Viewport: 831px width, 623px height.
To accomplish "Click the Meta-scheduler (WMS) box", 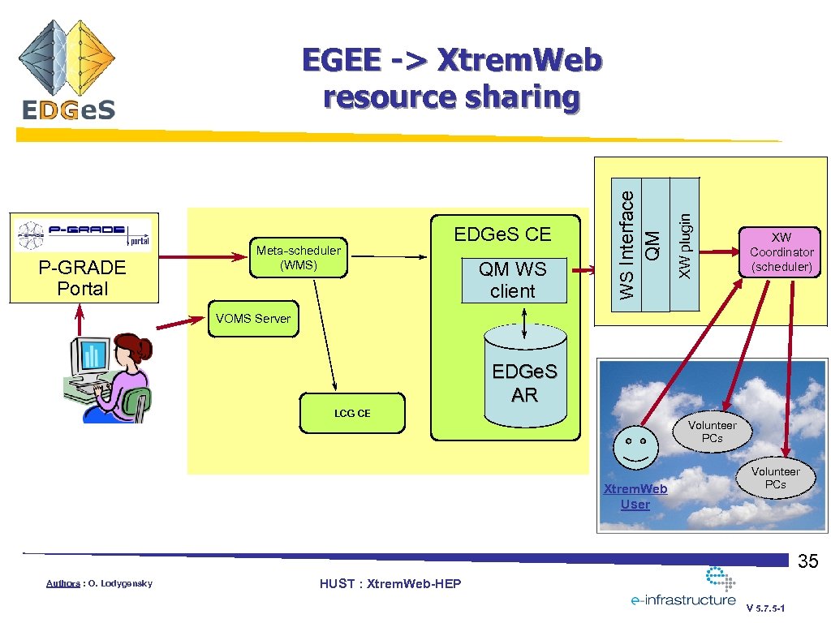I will tap(298, 257).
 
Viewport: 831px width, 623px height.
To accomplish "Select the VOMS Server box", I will tap(252, 319).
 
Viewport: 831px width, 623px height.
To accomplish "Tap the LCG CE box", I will tap(352, 414).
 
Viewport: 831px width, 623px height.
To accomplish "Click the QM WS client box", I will tap(513, 281).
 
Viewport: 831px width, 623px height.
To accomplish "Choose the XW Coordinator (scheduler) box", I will tap(781, 252).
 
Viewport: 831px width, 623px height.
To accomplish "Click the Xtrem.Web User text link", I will tap(635, 496).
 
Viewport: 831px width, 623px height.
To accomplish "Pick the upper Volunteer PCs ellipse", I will tap(712, 432).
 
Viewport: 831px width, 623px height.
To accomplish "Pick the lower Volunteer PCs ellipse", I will tap(775, 478).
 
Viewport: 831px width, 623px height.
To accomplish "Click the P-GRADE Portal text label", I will tap(83, 278).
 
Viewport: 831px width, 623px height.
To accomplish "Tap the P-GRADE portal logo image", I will tap(83, 234).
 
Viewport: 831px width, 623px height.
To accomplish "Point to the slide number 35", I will tap(807, 561).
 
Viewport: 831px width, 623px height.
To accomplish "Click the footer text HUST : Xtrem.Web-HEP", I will tap(390, 584).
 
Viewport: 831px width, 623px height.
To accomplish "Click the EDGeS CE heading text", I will tap(502, 234).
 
